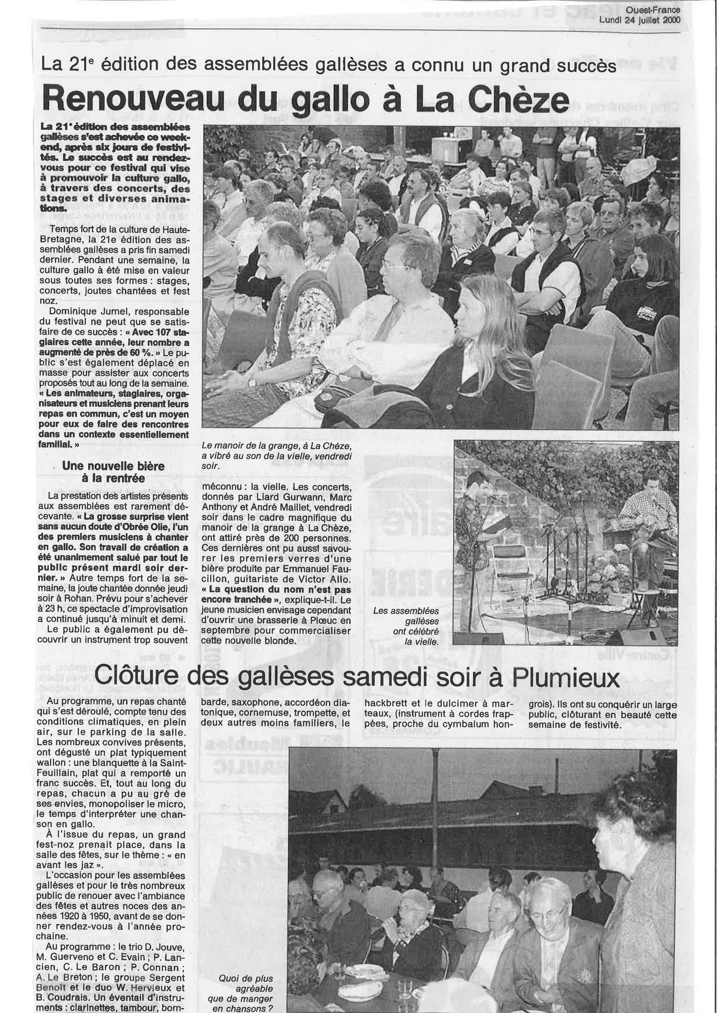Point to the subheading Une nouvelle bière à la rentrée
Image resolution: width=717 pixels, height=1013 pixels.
[x=113, y=472]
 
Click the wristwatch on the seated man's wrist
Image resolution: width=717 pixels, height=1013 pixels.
[x=252, y=382]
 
